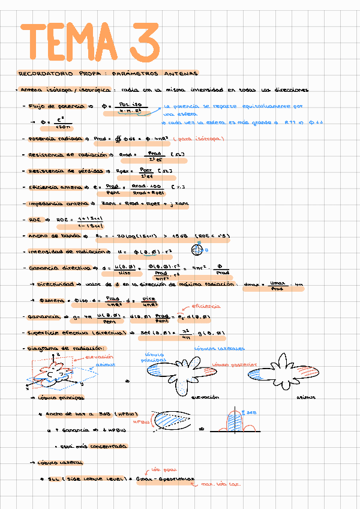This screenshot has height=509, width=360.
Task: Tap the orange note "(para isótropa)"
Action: pyautogui.click(x=198, y=139)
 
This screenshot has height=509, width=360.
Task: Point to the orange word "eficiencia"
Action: pyautogui.click(x=205, y=307)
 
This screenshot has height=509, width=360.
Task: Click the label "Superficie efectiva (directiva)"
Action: pyautogui.click(x=70, y=332)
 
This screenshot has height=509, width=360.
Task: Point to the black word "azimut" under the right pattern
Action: pyautogui.click(x=304, y=397)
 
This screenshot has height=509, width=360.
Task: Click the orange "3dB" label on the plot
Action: pyautogui.click(x=252, y=412)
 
